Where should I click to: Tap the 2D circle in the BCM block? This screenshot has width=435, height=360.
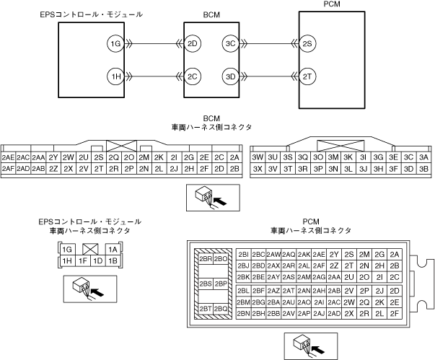pyautogui.click(x=193, y=44)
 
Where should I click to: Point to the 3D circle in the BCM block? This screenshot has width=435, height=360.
pyautogui.click(x=230, y=76)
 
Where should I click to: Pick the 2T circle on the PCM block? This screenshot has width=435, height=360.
pyautogui.click(x=307, y=76)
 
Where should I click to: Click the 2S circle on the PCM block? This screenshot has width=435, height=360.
pyautogui.click(x=307, y=44)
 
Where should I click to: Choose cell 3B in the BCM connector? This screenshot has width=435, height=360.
pyautogui.click(x=423, y=168)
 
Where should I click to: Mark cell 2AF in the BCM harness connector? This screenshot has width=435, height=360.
pyautogui.click(x=9, y=168)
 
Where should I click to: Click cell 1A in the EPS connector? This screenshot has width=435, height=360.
pyautogui.click(x=113, y=249)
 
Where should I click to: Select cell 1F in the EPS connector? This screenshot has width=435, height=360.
pyautogui.click(x=83, y=260)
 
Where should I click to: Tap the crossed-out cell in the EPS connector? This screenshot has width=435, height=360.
pyautogui.click(x=90, y=249)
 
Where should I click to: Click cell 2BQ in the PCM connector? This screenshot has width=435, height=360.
pyautogui.click(x=221, y=309)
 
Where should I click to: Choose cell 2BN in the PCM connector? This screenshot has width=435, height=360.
pyautogui.click(x=242, y=314)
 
